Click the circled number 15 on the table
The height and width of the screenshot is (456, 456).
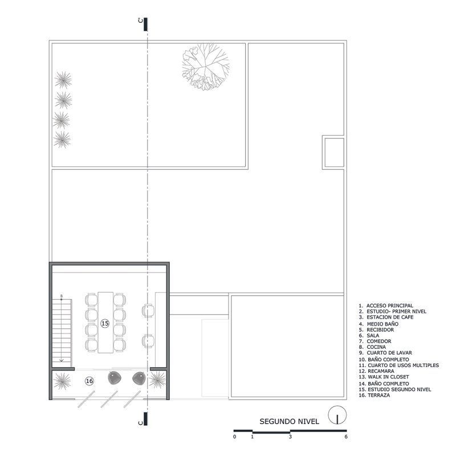pyautogui.click(x=105, y=323)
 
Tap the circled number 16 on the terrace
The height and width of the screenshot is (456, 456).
pyautogui.click(x=89, y=381)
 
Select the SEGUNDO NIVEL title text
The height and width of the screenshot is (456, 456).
pyautogui.click(x=289, y=421)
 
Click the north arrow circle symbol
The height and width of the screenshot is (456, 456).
pyautogui.click(x=337, y=415)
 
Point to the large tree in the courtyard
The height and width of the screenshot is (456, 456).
pyautogui.click(x=206, y=67)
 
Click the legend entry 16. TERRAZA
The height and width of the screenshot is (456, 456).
pyautogui.click(x=374, y=395)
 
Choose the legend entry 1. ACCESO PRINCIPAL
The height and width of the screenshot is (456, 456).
pyautogui.click(x=386, y=306)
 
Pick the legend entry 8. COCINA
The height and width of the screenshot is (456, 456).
pyautogui.click(x=373, y=347)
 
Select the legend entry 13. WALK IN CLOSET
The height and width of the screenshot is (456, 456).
pyautogui.click(x=384, y=377)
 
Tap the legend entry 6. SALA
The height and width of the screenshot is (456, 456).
pyautogui.click(x=369, y=336)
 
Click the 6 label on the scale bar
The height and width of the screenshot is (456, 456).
pyautogui.click(x=346, y=437)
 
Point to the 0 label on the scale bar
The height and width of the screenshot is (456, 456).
pyautogui.click(x=235, y=437)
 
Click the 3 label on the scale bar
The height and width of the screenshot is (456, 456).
pyautogui.click(x=290, y=437)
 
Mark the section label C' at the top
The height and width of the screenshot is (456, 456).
pyautogui.click(x=141, y=20)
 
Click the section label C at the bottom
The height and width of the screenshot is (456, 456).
pyautogui.click(x=141, y=422)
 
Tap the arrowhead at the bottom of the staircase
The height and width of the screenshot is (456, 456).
pyautogui.click(x=62, y=361)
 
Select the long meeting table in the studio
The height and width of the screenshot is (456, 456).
pyautogui.click(x=105, y=323)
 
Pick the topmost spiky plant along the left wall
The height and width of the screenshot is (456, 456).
pyautogui.click(x=63, y=80)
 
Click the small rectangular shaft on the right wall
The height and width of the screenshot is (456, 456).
pyautogui.click(x=334, y=152)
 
